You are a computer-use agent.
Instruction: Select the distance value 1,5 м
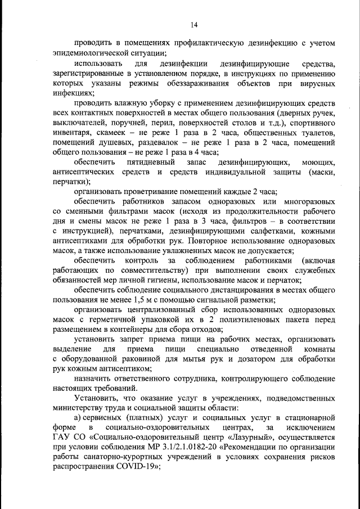(138, 300)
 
